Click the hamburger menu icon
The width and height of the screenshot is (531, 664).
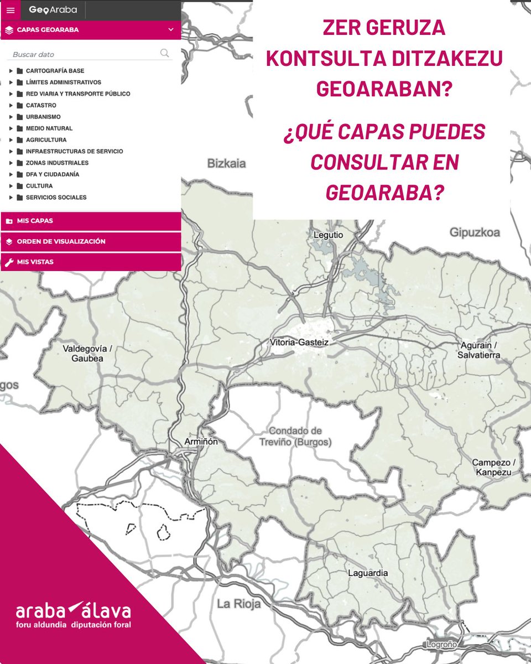10,10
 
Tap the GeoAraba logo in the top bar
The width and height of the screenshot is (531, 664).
53,10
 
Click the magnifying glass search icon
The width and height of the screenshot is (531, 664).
164,53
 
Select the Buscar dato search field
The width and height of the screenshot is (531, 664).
83,54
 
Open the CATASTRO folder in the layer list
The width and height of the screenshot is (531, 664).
40,105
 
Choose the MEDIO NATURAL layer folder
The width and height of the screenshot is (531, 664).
49,128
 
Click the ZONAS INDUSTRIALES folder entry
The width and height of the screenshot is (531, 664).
57,163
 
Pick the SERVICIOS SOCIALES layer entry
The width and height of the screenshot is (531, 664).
56,198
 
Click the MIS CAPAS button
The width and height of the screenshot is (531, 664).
91,221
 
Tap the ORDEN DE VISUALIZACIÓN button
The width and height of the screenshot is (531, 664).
91,242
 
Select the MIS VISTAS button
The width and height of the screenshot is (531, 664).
91,262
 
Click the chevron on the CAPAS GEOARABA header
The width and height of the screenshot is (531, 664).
171,30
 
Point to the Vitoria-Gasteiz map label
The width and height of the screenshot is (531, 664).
299,343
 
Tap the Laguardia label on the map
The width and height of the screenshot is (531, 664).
368,573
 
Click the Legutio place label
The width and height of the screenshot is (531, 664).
329,235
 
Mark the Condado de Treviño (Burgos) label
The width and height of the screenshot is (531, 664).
295,437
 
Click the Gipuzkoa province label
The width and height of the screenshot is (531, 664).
475,232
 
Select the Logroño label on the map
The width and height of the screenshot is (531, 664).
441,645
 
